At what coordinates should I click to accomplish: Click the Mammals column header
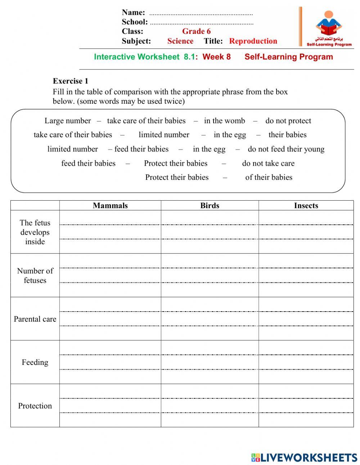110,205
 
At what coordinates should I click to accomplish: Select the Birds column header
210,205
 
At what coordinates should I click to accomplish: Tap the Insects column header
306,205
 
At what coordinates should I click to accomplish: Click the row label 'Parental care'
35,319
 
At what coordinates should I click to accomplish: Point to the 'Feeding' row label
35,362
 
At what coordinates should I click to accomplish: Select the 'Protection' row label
35,406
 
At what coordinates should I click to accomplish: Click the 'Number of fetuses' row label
35,275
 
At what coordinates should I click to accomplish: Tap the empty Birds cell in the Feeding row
210,362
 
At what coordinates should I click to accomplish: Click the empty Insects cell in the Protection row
306,406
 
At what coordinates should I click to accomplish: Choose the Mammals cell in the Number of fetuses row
110,275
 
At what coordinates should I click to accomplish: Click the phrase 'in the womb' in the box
224,121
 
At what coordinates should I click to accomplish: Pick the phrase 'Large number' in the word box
68,121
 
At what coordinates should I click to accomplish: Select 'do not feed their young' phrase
286,149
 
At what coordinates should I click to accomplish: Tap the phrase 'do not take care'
268,163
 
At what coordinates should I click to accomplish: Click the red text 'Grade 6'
196,31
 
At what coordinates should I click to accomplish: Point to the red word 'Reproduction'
253,41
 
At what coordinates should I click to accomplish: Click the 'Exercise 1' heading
70,81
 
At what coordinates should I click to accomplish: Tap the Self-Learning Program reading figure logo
328,27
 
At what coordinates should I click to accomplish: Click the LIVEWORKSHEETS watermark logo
304,457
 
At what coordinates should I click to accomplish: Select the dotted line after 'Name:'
201,14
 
